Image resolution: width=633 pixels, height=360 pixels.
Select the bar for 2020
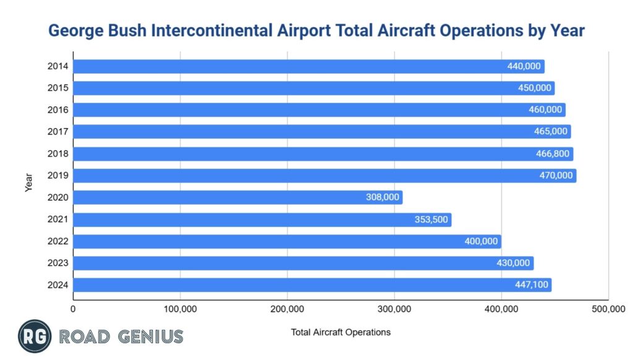pos(238,197)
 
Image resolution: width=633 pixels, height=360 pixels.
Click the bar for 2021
pos(262,220)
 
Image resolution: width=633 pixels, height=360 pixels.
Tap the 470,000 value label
pos(556,176)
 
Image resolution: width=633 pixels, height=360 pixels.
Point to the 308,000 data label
pos(383,197)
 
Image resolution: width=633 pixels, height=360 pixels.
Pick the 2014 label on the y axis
pos(57,66)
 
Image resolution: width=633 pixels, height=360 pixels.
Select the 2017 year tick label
pos(57,132)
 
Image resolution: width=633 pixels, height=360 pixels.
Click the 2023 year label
pos(57,263)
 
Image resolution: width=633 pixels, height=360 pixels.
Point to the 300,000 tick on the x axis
pos(394,309)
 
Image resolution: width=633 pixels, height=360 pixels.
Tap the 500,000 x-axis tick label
pos(608,309)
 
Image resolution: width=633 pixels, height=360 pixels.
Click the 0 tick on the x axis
pos(74,309)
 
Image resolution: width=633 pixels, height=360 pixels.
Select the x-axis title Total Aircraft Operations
pos(341,332)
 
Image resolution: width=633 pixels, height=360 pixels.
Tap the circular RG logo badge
pos(35,336)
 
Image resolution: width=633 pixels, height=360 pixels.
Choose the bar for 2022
pos(287,241)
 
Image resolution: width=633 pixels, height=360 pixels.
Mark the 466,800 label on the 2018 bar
pos(553,154)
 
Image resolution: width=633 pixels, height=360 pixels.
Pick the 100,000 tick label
pos(180,309)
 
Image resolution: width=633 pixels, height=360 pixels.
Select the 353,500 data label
pos(431,220)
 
